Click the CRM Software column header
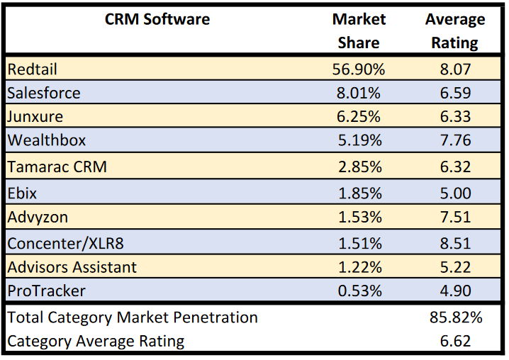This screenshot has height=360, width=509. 157,19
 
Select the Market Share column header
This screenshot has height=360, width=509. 359,31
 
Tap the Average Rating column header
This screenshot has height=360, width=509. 455,31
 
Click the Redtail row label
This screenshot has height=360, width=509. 32,69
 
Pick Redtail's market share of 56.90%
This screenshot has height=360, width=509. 359,69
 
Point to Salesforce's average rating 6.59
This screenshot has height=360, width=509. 455,93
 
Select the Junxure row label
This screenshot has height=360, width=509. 35,116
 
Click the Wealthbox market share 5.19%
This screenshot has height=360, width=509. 359,140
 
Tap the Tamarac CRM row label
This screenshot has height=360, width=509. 57,167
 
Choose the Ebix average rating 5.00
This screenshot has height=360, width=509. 455,193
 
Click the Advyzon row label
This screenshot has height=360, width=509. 38,217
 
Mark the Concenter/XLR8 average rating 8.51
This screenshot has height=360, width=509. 455,244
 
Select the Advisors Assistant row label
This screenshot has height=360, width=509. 72,267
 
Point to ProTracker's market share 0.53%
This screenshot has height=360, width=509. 359,291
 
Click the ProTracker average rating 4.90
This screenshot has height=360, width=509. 455,291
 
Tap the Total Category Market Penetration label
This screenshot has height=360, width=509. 133,317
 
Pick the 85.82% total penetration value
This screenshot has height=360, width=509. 456,317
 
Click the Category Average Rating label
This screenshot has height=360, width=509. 96,341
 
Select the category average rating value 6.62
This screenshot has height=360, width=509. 455,341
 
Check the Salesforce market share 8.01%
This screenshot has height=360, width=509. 359,93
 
